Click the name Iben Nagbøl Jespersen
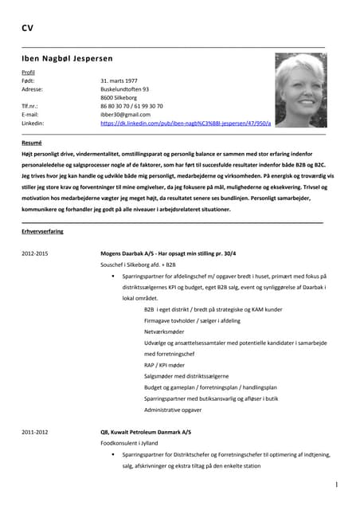coord(67,58)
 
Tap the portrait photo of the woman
coord(300,90)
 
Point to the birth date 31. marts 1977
coord(119,80)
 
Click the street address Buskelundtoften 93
coord(124,89)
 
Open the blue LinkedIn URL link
coord(186,124)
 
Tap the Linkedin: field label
coord(33,124)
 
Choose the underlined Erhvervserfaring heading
coord(42,230)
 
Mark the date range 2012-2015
coord(35,253)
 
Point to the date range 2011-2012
coord(35,432)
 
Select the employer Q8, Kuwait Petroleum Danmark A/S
coord(146,432)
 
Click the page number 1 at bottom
coord(336,484)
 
